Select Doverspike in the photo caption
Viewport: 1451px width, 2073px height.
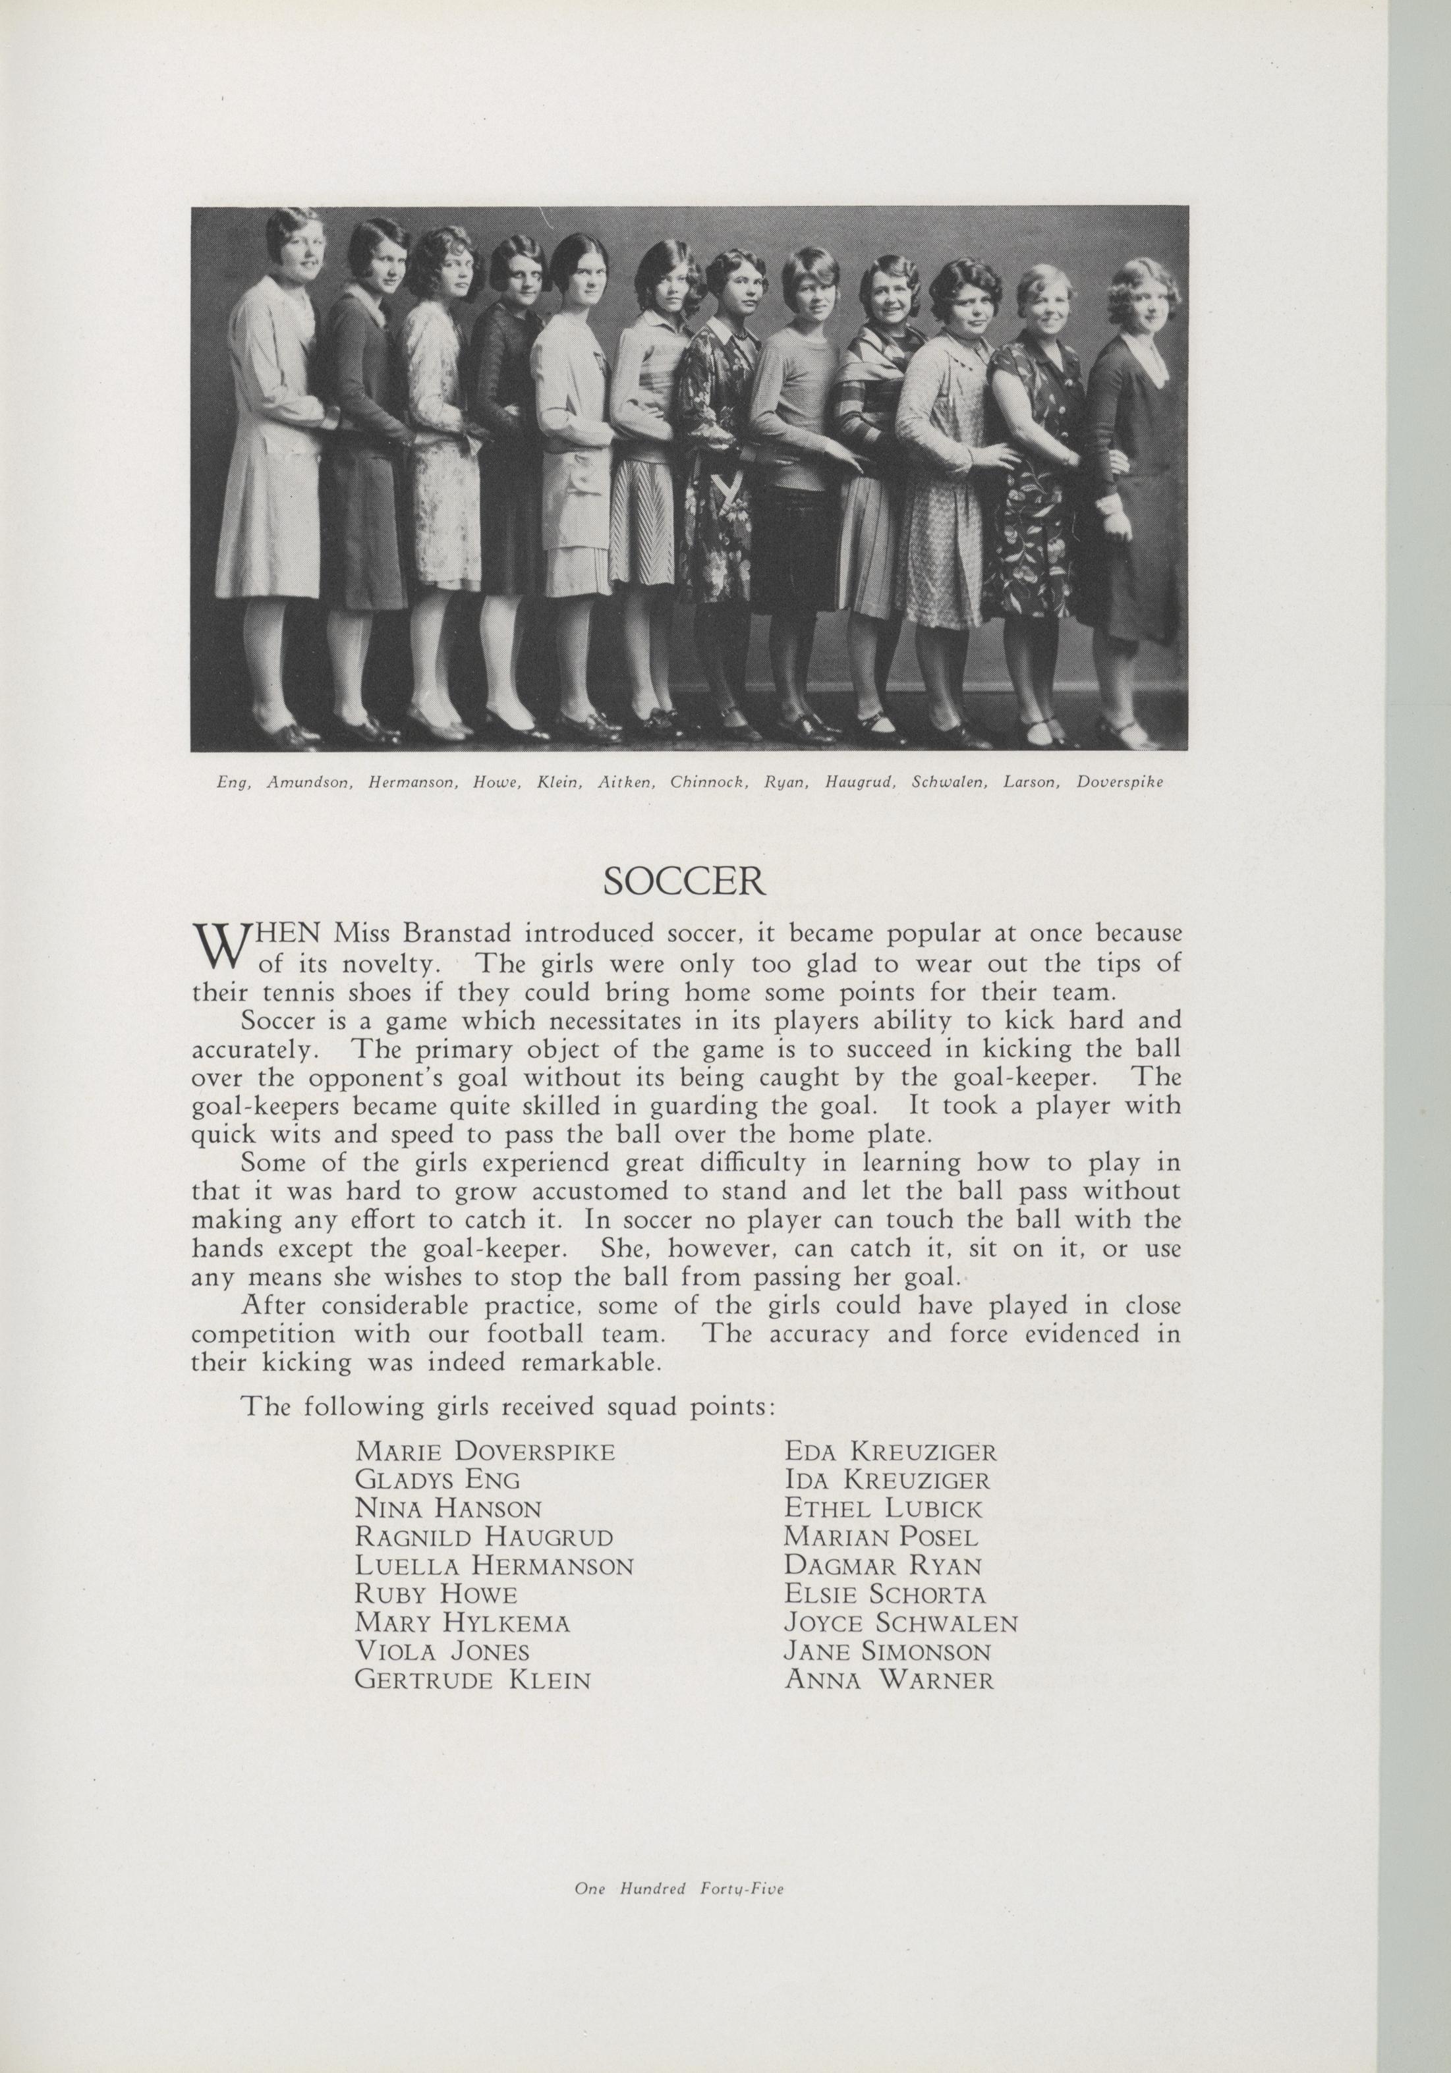point(1120,782)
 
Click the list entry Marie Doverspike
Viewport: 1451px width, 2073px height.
point(486,1452)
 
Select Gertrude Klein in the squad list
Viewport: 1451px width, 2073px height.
point(473,1679)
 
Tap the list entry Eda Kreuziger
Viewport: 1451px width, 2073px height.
point(890,1452)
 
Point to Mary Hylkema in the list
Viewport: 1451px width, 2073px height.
point(463,1622)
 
